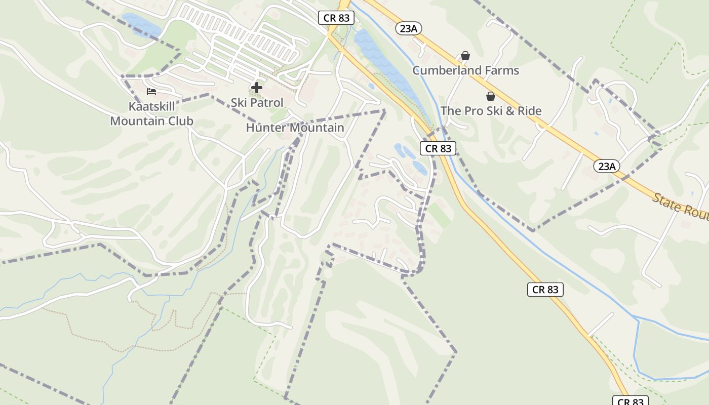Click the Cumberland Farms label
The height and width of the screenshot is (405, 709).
tap(465, 70)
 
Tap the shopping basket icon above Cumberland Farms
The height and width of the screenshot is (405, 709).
tap(465, 56)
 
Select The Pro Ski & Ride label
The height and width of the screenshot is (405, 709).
tap(491, 111)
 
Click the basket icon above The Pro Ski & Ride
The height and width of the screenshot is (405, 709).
tap(490, 96)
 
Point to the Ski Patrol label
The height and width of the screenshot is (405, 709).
tap(257, 102)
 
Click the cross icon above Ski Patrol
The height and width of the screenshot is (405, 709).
tap(257, 88)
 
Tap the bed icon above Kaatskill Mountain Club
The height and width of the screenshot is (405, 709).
tap(151, 92)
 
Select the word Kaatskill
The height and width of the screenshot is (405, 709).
tap(152, 107)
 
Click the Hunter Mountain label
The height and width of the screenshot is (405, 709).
tap(295, 128)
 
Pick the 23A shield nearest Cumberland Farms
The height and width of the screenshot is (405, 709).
tap(408, 28)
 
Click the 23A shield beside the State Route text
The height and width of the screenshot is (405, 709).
tap(607, 166)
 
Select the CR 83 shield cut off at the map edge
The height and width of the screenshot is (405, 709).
tap(631, 401)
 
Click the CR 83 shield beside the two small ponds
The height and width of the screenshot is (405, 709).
tap(438, 148)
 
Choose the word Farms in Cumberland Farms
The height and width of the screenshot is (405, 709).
tap(501, 70)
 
